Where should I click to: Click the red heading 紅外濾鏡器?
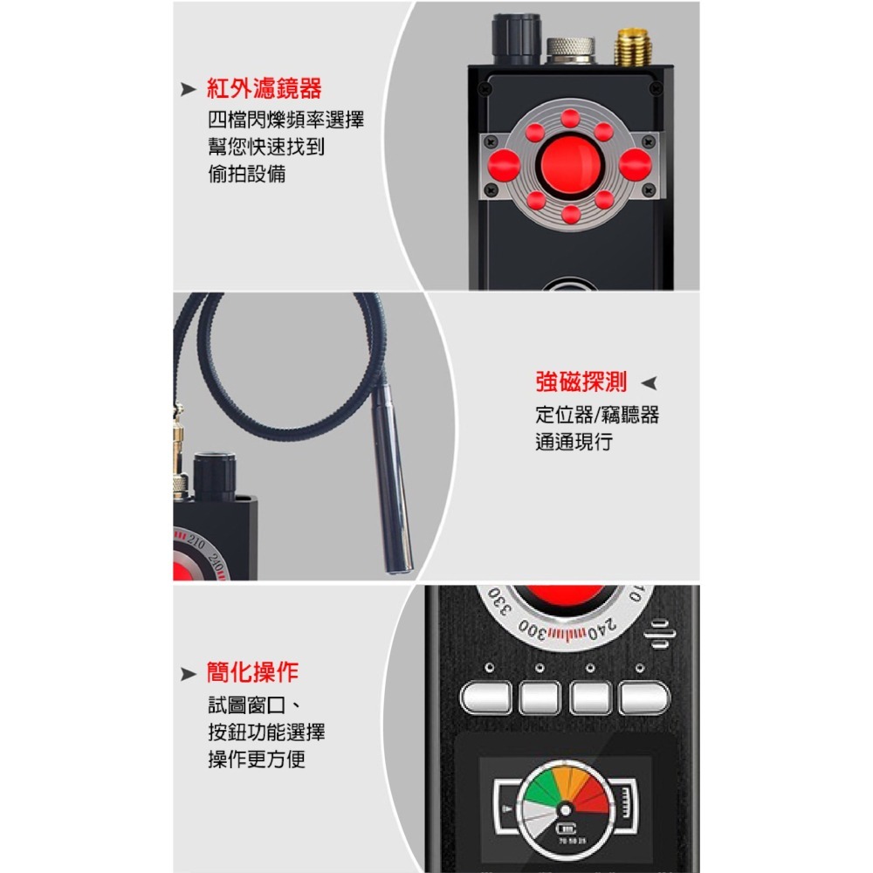(264, 88)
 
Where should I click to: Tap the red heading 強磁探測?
(581, 382)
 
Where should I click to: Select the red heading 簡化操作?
(252, 672)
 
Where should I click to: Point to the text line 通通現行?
(574, 442)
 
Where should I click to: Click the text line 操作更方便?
(256, 760)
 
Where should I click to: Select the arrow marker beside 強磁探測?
(648, 382)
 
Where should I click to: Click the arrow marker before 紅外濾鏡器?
(187, 89)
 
